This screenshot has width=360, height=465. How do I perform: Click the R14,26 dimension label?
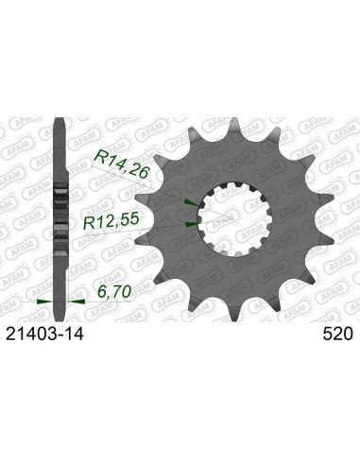click(122, 164)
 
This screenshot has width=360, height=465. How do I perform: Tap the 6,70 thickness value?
click(114, 291)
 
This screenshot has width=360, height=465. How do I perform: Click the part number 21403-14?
click(45, 334)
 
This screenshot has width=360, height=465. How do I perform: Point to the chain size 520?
click(337, 334)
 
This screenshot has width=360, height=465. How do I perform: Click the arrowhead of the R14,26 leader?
click(192, 202)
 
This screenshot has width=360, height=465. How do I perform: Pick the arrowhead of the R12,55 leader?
click(192, 224)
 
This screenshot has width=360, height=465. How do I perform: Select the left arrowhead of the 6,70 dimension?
click(44, 301)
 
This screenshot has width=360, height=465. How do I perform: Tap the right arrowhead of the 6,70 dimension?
click(77, 301)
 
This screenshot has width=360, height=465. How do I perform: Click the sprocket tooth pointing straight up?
click(234, 126)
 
